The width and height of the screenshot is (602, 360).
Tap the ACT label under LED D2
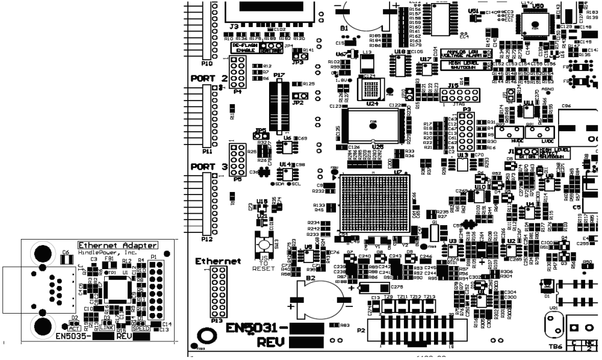(75, 328)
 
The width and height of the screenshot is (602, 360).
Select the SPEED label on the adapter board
(141, 328)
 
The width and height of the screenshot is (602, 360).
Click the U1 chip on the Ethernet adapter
(114, 293)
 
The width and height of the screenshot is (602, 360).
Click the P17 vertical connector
(278, 108)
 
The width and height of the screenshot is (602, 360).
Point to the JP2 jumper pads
(297, 96)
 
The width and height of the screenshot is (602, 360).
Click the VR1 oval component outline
(554, 328)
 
